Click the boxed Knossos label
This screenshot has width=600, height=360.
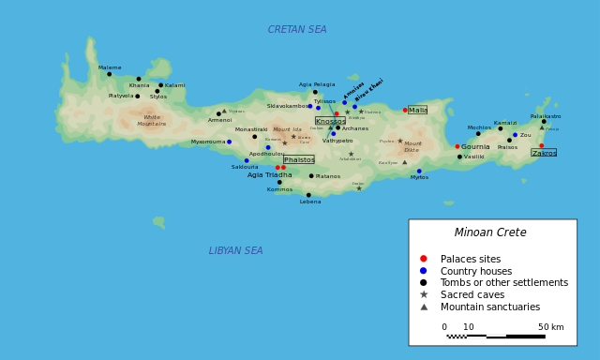330,121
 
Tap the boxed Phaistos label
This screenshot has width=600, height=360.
298,159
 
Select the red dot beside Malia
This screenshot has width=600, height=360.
405,110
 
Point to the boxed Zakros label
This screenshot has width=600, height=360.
544,153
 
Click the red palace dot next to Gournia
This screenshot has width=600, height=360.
457,146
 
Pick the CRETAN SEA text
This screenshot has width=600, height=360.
297,30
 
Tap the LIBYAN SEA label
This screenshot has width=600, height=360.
235,251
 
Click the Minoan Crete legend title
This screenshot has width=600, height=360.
490,232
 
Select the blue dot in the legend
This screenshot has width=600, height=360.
424,270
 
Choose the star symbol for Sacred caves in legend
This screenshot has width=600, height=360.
424,294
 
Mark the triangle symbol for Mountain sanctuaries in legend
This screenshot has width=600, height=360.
424,307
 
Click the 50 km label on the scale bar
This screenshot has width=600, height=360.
551,327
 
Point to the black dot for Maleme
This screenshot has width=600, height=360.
109,74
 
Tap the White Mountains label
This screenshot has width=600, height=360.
151,121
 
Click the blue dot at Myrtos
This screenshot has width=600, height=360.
419,172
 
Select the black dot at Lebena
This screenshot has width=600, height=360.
308,195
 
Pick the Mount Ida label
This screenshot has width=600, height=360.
287,129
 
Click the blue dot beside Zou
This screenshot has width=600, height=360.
515,135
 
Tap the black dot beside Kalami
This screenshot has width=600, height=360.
160,85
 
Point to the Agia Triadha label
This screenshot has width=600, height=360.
269,175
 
